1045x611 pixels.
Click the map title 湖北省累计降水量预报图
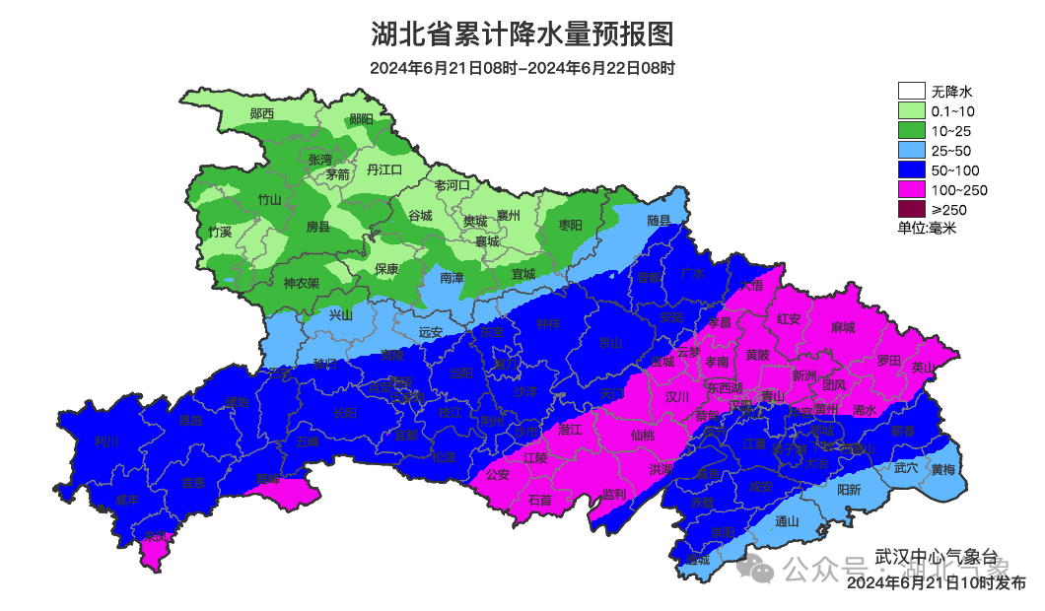pos(522,34)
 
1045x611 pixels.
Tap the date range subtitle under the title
pos(522,69)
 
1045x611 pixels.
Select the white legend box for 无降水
pos(910,92)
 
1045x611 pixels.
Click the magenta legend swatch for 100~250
pos(910,189)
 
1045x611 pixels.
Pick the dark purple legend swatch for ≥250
pos(910,209)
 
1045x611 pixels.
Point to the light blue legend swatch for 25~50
pos(910,151)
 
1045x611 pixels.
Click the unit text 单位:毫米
pos(927,228)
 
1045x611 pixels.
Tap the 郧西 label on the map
pos(262,114)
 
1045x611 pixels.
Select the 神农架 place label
pos(301,283)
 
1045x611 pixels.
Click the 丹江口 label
pos(384,170)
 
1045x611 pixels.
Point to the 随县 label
pos(659,221)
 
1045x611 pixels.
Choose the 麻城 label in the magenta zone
pos(843,327)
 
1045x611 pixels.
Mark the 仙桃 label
pos(642,435)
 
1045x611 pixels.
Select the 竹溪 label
pos(220,233)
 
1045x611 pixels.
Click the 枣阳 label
pos(570,226)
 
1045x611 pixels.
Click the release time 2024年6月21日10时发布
pos(936,583)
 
